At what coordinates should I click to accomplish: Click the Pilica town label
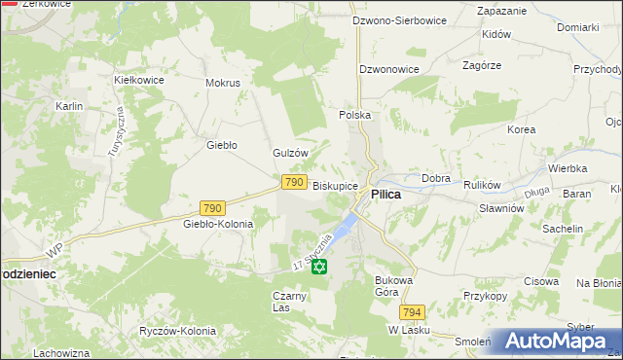point(386,195)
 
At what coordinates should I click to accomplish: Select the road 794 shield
point(413,312)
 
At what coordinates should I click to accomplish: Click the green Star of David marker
point(320,266)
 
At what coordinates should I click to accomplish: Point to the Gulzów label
point(290,154)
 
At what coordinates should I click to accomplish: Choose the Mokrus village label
point(223,83)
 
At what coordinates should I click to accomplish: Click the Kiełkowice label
point(137,79)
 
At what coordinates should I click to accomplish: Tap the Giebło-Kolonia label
point(218,224)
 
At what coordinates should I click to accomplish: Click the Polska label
point(355,115)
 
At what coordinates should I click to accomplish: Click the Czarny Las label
point(291,302)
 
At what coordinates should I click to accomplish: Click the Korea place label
point(521,129)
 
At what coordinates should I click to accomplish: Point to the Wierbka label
point(567,168)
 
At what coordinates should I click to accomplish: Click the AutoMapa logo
point(556,342)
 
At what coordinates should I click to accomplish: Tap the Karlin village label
point(69,106)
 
